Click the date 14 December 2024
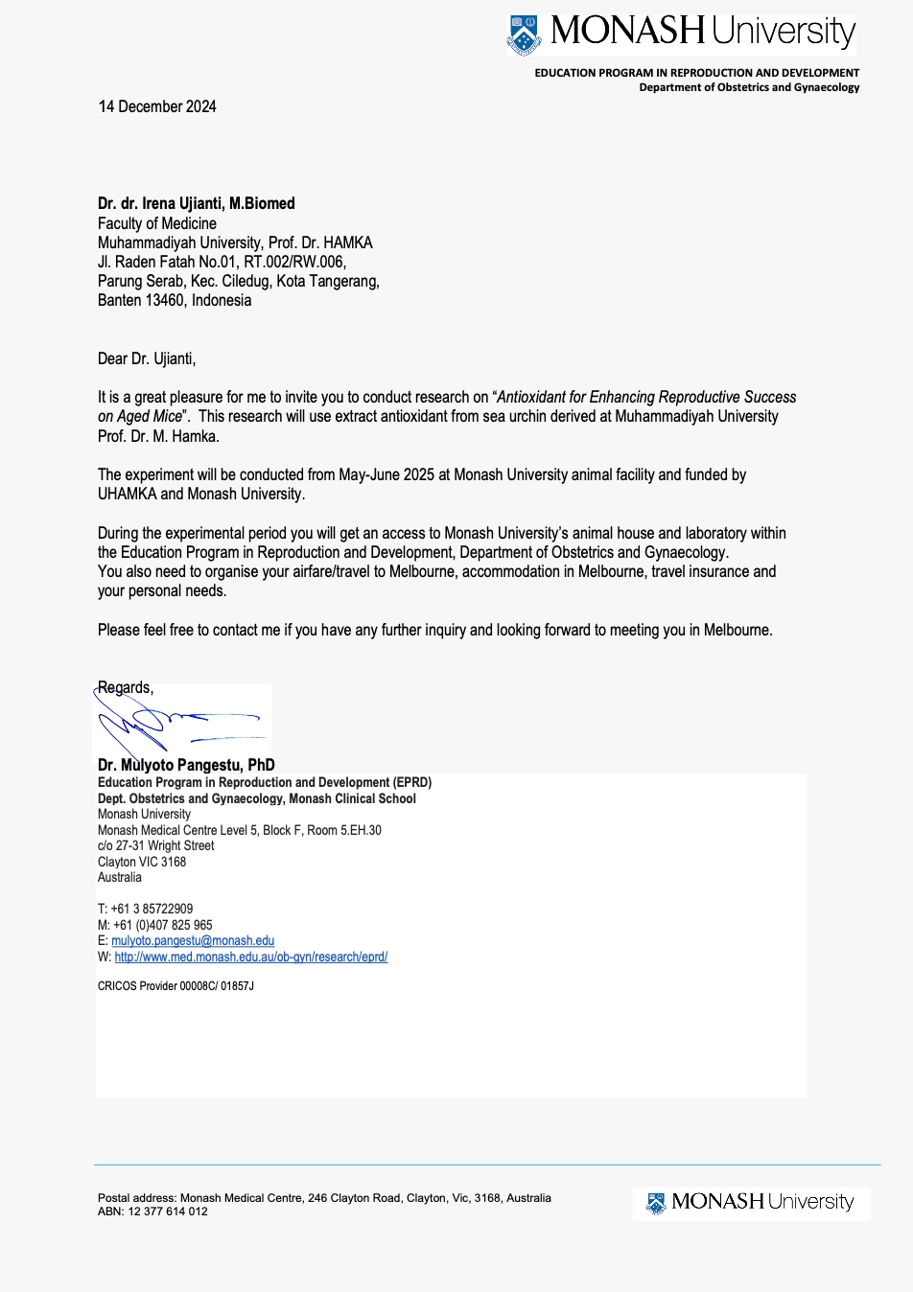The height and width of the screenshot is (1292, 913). tap(157, 106)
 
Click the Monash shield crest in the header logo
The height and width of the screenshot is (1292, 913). tap(524, 35)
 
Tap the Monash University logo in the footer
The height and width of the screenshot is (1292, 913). tap(751, 1202)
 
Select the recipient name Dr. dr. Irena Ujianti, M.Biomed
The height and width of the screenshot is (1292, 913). tap(196, 203)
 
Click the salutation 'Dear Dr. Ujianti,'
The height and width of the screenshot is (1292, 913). tap(147, 358)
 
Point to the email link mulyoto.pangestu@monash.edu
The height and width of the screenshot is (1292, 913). tap(193, 941)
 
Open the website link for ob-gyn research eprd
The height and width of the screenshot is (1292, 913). tap(250, 957)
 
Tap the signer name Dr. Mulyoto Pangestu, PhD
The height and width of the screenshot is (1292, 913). tap(186, 765)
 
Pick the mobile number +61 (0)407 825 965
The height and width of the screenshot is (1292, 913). tap(163, 925)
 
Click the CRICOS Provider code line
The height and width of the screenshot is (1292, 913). tap(176, 985)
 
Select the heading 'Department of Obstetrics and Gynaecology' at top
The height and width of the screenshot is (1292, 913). tap(749, 87)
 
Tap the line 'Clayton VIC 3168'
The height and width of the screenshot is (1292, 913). tap(142, 862)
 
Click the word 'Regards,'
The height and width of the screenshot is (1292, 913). tap(126, 687)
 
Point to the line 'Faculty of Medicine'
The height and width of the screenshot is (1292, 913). tap(157, 223)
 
